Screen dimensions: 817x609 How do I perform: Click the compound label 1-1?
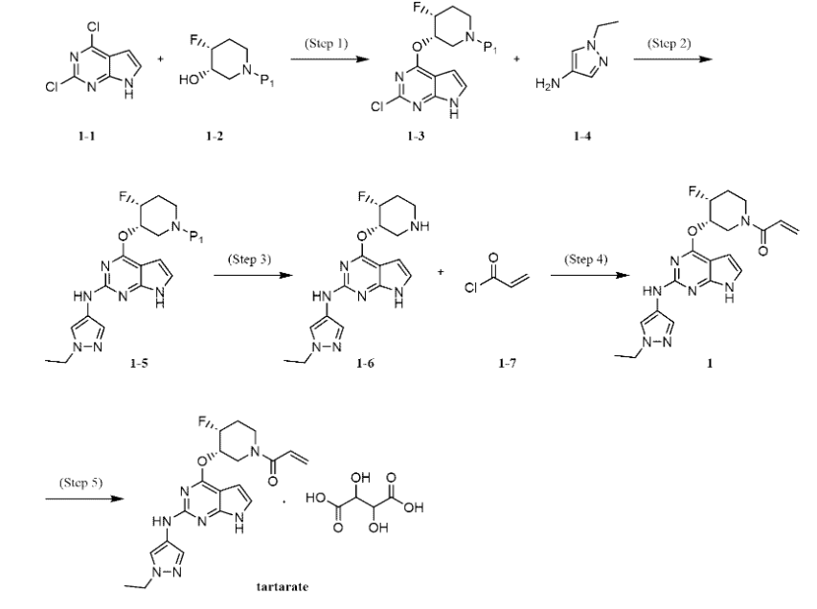coord(87,136)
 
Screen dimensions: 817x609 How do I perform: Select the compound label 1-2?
coord(215,136)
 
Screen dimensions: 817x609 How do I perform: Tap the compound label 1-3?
coord(416,136)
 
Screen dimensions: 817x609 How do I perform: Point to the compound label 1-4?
coord(582,136)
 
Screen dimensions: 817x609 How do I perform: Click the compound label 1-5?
coord(139,363)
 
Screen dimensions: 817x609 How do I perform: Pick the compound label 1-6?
coord(365,363)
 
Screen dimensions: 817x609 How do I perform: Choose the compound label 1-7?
coord(507,363)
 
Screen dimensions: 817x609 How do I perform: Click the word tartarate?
coord(283,587)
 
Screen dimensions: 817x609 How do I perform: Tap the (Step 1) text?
coord(327,43)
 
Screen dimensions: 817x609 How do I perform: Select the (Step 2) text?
coord(669,43)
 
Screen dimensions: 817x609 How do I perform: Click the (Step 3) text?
coord(249,259)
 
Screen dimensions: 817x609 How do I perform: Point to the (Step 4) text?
coord(585,259)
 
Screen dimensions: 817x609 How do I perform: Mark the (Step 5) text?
coord(80,483)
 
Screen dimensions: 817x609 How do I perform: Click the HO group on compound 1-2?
coord(188,79)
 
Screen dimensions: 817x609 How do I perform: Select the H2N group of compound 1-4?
coord(547,83)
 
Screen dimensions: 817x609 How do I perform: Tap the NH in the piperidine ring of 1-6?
coord(420,226)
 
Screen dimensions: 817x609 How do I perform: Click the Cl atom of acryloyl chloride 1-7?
coord(471,287)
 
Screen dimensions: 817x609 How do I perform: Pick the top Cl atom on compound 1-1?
coord(94,27)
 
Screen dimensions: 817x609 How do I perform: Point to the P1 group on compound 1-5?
coord(196,238)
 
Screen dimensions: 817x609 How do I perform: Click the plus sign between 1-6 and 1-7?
coord(441,271)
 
